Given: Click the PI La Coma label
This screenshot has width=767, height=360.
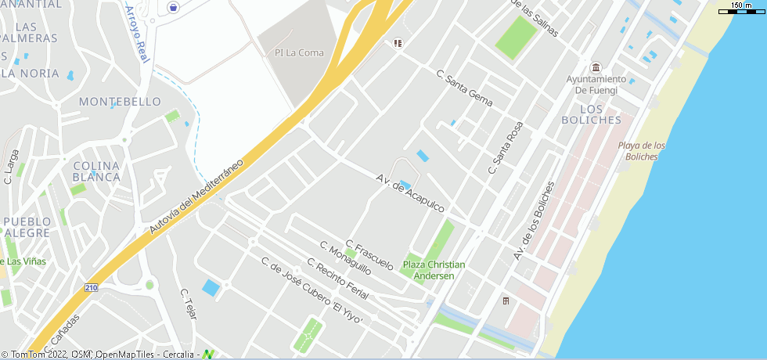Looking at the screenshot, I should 287,53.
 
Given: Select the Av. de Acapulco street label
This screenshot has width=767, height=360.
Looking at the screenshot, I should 410,193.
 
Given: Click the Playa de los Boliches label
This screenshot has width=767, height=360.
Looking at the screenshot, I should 642,151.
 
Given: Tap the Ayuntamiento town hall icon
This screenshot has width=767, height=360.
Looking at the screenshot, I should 596,67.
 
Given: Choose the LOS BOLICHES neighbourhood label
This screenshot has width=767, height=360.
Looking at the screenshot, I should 591,114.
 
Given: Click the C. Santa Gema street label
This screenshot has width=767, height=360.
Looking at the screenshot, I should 464,88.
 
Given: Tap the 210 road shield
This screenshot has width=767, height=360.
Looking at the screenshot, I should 92,287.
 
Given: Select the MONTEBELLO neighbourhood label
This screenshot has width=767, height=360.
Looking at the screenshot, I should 120,102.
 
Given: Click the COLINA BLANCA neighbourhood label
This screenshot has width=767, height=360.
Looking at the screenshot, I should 96,171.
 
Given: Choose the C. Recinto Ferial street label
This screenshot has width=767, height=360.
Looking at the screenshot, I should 337,278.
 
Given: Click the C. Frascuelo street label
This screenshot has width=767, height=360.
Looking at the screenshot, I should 369,255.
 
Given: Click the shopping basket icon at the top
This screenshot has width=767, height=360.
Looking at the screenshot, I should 172,8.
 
